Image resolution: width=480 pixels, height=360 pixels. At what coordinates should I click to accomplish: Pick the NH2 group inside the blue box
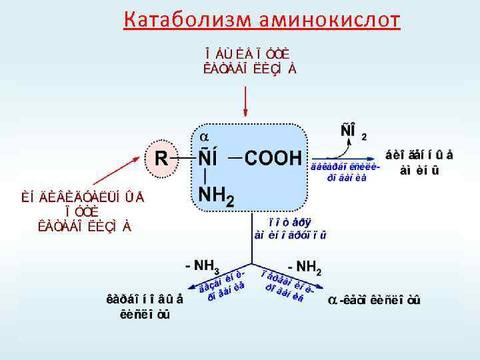point(217,196)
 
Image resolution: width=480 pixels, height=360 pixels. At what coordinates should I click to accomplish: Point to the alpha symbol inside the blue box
point(205,136)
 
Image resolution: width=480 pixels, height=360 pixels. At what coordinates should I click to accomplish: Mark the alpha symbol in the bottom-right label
point(332,301)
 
